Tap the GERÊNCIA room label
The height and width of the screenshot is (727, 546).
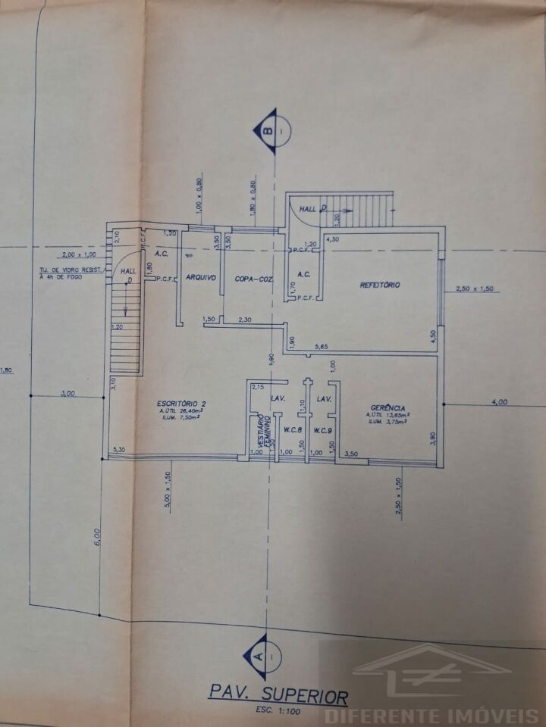click(387, 407)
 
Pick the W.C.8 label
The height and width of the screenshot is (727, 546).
click(293, 431)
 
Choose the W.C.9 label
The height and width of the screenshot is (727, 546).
click(323, 431)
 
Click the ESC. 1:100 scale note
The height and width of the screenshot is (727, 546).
click(278, 712)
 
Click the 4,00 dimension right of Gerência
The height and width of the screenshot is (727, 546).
click(499, 402)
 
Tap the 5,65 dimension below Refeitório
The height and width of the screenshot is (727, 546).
click(323, 346)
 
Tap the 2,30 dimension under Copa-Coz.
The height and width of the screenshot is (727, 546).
click(245, 320)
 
